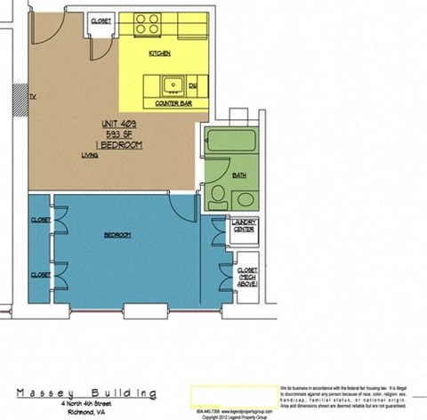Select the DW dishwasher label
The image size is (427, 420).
pos(192,86)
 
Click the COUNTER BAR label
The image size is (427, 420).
pos(174,104)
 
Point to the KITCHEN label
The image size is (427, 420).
pos(160,53)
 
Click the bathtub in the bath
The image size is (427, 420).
pos(230,142)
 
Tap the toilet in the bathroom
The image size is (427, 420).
pos(217,197)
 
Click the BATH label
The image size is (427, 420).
pos(239,175)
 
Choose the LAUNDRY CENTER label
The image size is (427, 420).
pos(245,229)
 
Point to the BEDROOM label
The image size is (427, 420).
pos(117,235)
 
